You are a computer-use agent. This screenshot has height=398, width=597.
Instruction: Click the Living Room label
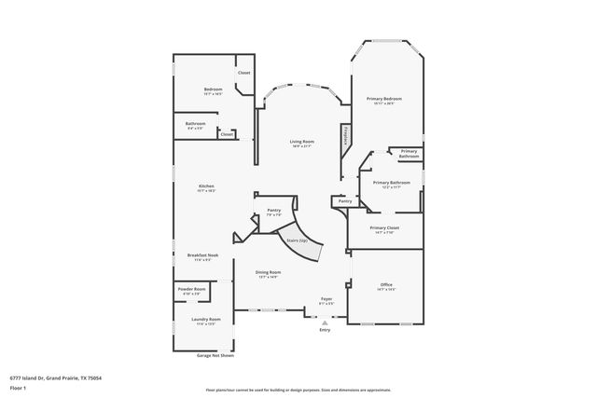301,142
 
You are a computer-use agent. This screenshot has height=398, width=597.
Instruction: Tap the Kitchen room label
206,187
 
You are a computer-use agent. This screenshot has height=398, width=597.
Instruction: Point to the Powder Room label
192,290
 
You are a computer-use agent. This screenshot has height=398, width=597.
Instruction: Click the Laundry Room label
205,320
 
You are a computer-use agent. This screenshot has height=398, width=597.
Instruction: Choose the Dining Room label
269,272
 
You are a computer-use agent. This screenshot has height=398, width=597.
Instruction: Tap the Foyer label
326,299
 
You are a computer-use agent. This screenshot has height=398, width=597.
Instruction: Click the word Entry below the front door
325,330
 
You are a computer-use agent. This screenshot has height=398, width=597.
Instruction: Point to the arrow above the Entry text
325,321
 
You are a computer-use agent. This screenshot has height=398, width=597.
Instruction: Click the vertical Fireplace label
345,135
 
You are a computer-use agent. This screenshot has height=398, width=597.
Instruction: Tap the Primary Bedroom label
384,99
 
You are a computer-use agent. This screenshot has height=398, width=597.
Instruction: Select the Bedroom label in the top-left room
213,89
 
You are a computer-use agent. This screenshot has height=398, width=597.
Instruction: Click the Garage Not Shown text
215,355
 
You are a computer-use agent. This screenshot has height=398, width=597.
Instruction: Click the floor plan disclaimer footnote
298,389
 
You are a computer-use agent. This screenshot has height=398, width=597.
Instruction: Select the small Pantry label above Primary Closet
345,200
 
